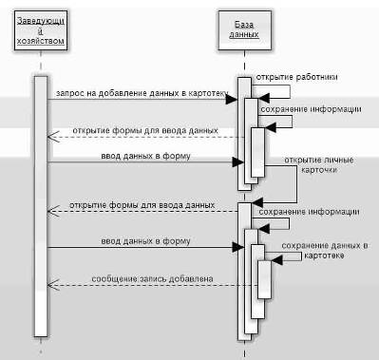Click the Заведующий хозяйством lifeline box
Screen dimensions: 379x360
[x=41, y=30]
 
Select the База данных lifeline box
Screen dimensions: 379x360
[x=244, y=30]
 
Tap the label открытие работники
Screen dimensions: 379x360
[x=296, y=77]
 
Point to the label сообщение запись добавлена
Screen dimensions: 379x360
[x=152, y=279]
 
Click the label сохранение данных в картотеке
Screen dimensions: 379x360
[x=324, y=251]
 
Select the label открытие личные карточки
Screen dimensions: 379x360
[x=319, y=164]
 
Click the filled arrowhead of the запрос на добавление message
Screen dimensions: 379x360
[x=232, y=100]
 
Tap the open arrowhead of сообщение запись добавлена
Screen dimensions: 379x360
[x=53, y=285]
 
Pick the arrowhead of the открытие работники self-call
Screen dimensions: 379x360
[x=263, y=98]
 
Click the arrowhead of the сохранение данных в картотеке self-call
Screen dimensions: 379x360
[x=276, y=260]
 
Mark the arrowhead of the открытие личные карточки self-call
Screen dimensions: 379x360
[x=257, y=202]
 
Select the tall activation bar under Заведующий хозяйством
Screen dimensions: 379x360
[x=41, y=206]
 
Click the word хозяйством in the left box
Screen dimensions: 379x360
[x=41, y=41]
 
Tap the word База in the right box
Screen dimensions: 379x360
[x=244, y=25]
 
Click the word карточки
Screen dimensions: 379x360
[x=319, y=170]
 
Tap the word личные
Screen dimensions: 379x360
[x=339, y=161]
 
